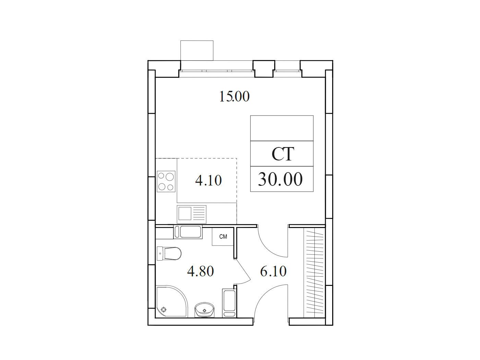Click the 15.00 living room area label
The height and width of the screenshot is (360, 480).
click(234, 97)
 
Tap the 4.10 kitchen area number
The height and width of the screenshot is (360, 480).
click(208, 181)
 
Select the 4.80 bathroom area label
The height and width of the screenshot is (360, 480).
click(201, 271)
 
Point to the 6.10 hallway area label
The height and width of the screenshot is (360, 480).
click(273, 271)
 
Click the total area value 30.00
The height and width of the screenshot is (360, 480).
click(280, 179)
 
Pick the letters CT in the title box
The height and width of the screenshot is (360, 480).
click(283, 154)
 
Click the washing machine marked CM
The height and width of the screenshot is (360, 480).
click(223, 237)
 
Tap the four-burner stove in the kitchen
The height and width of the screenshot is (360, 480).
click(166, 181)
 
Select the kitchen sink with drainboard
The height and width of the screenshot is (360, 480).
click(192, 214)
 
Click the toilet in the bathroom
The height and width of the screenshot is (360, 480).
click(169, 254)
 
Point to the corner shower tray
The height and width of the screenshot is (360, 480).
click(172, 301)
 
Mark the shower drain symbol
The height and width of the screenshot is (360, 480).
click(163, 310)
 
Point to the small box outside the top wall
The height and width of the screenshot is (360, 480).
click(196, 50)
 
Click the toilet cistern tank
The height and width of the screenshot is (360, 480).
click(160, 254)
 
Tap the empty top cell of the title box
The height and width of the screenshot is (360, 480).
click(282, 128)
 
